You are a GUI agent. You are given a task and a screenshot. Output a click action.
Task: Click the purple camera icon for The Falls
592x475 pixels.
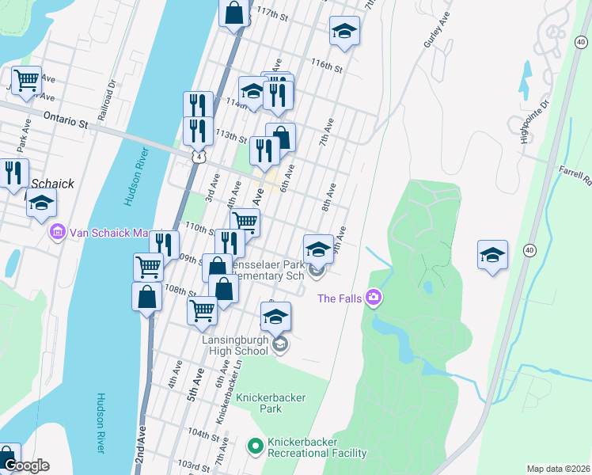(374, 298)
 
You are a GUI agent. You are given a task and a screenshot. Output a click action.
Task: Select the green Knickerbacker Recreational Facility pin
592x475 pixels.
(255, 447)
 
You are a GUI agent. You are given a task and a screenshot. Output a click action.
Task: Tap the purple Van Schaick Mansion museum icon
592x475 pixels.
(57, 233)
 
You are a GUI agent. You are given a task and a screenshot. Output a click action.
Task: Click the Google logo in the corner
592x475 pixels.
(26, 465)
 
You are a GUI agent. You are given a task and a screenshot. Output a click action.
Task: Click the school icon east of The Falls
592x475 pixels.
(492, 255)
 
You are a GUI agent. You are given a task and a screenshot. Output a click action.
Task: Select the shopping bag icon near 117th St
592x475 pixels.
(234, 13)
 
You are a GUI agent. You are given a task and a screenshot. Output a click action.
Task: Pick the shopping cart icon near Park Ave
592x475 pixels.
(26, 80)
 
